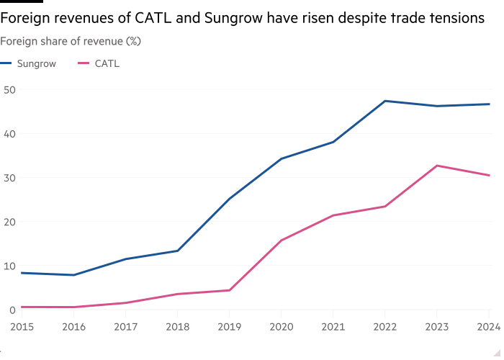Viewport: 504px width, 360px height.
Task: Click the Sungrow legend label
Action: [x=36, y=64]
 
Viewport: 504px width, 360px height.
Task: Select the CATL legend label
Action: [x=106, y=64]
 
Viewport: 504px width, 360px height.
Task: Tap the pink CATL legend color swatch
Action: [x=83, y=64]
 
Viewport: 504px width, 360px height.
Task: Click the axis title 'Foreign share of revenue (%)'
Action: [x=71, y=42]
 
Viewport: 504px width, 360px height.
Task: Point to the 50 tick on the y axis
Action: [x=9, y=89]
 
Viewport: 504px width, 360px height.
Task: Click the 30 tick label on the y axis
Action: [x=9, y=178]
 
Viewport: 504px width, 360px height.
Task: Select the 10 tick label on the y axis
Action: [x=9, y=266]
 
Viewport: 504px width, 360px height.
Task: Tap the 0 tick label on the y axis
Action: [x=12, y=310]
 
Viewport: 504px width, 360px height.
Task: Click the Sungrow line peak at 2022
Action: [x=385, y=101]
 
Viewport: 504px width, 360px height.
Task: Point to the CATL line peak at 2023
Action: [x=437, y=166]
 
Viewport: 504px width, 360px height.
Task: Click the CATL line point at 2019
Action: [x=229, y=290]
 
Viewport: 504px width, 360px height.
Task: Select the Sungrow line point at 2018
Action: [x=177, y=251]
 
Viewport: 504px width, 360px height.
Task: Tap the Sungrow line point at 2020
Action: [x=281, y=158]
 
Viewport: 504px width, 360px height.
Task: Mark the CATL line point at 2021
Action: [x=333, y=215]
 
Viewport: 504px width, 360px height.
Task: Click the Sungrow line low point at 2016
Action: [x=73, y=275]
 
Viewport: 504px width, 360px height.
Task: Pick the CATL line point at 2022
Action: [x=385, y=206]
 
